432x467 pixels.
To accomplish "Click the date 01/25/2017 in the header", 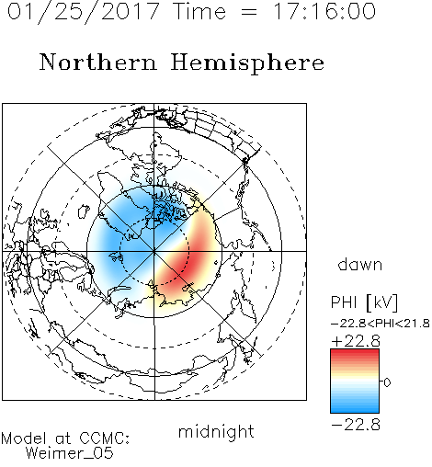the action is [84, 12].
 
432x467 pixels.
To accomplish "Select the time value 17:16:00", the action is [324, 11].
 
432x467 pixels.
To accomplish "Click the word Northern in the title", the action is [98, 63].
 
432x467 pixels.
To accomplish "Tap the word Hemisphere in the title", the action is [247, 63].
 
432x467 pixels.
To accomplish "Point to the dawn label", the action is [360, 264].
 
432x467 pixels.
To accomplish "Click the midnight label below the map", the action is [216, 432].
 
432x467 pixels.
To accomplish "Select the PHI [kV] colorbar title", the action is [365, 302].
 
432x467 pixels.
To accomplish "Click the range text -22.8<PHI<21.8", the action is [381, 324].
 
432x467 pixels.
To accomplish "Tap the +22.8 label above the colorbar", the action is [356, 341].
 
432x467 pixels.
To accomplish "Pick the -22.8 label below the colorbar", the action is [356, 425].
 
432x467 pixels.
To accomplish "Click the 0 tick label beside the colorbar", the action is [387, 382].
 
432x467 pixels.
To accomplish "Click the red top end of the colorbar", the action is [355, 353].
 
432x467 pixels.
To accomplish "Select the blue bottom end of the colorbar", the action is [355, 409].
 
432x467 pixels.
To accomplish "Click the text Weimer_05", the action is [70, 453].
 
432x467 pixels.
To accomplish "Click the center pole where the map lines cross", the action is [154, 251].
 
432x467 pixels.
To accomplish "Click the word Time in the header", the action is [199, 11].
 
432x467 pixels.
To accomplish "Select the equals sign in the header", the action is [249, 12].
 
